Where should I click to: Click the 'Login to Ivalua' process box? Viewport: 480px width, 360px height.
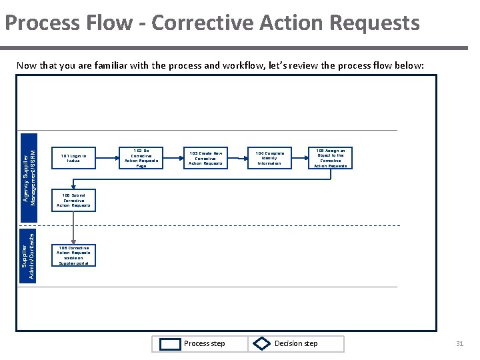[x=73, y=158]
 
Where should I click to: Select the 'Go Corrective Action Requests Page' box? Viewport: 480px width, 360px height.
[x=141, y=158]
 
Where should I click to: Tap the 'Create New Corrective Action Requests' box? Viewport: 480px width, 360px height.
[x=206, y=158]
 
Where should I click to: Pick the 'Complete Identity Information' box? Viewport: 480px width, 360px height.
[x=269, y=158]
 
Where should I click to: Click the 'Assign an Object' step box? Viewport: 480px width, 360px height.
[x=330, y=158]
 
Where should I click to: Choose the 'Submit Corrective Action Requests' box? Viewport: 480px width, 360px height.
[x=73, y=199]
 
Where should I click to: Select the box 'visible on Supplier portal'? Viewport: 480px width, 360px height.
[x=73, y=255]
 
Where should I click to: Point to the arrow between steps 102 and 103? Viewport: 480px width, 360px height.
[x=173, y=158]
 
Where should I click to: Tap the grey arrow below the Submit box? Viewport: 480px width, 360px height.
[x=73, y=227]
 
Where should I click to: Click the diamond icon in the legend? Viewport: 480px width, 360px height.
[x=261, y=344]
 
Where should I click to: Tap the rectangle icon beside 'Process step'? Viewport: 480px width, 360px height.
[x=171, y=344]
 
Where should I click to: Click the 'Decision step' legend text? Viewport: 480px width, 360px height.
[x=296, y=344]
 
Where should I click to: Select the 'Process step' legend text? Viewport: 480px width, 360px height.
[x=204, y=344]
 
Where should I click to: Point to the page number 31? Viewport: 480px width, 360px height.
[x=459, y=344]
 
